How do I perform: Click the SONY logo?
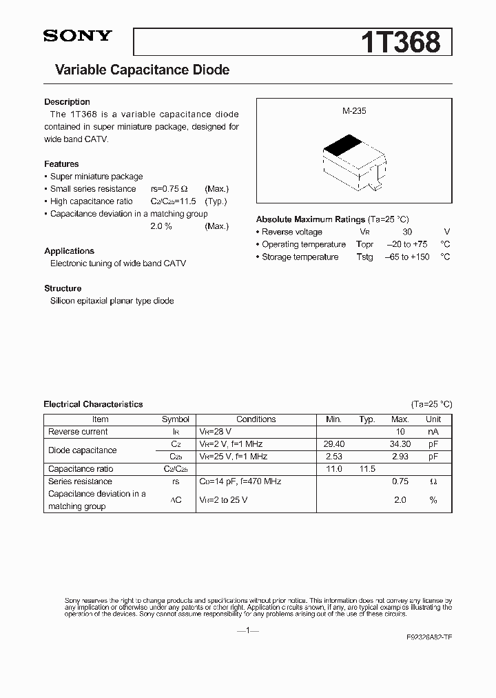(77, 37)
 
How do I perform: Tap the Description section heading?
(67, 102)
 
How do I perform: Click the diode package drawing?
(352, 162)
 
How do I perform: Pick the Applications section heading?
(69, 251)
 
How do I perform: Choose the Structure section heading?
(63, 288)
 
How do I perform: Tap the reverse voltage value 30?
(407, 232)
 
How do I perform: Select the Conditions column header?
(256, 419)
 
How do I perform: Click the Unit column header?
(433, 419)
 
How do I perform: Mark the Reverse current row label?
(78, 432)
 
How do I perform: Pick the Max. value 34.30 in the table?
(400, 444)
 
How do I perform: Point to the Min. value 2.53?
(333, 457)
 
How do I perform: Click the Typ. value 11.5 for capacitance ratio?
(367, 469)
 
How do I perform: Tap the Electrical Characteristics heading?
(93, 404)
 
